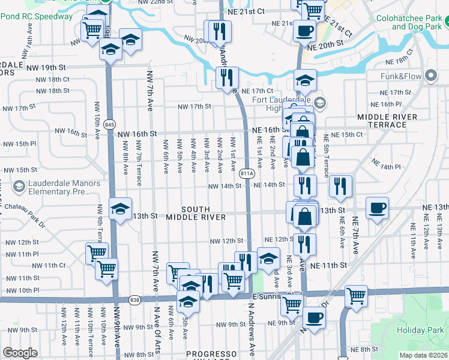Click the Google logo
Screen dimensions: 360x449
click(x=20, y=353)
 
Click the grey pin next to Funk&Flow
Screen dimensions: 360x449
click(x=430, y=76)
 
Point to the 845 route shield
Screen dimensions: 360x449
click(x=109, y=124)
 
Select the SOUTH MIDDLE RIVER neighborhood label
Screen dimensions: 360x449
click(x=196, y=212)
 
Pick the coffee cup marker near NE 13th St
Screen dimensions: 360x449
click(x=376, y=208)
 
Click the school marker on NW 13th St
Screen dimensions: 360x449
click(x=120, y=209)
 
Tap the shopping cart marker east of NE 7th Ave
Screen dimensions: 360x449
click(x=355, y=295)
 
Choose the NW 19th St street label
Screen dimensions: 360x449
click(x=45, y=67)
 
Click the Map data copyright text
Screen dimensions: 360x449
click(x=424, y=355)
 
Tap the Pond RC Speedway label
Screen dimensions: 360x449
click(x=36, y=16)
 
